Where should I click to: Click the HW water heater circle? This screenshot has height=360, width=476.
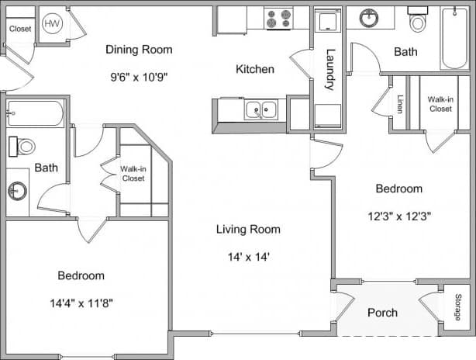pyautogui.click(x=53, y=24)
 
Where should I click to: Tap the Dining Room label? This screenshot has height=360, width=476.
pyautogui.click(x=139, y=50)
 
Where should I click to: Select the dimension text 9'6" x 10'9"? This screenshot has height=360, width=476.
pyautogui.click(x=139, y=77)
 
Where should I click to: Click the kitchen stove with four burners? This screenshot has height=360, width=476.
pyautogui.click(x=278, y=18)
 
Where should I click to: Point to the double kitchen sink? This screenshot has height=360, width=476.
pyautogui.click(x=261, y=110)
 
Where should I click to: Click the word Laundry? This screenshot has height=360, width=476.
pyautogui.click(x=329, y=70)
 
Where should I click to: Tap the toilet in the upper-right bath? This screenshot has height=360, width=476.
pyautogui.click(x=419, y=21)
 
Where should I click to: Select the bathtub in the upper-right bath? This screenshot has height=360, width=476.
pyautogui.click(x=454, y=38)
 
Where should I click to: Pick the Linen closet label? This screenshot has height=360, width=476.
pyautogui.click(x=400, y=104)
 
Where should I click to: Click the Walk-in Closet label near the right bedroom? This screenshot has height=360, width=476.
pyautogui.click(x=440, y=104)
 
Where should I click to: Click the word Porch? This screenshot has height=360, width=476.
pyautogui.click(x=382, y=313)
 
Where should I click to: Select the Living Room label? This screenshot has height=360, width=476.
pyautogui.click(x=248, y=229)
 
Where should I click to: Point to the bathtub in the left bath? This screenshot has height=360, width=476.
pyautogui.click(x=35, y=113)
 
